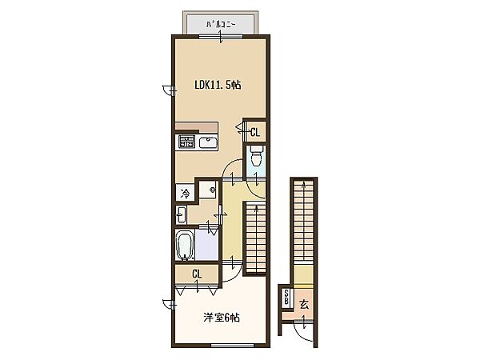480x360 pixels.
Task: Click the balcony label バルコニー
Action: [x=221, y=24]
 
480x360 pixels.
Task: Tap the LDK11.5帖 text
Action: [x=218, y=85]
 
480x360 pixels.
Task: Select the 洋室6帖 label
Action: [x=222, y=318]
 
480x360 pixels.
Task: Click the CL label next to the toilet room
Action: [x=255, y=132]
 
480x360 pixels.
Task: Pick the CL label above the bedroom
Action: [x=197, y=274]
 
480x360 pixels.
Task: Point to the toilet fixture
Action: [x=256, y=155]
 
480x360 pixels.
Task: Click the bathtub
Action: [x=186, y=246]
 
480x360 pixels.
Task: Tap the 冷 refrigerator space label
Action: [x=185, y=193]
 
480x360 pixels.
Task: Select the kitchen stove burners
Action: [x=186, y=142]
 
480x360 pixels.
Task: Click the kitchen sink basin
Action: [x=208, y=142]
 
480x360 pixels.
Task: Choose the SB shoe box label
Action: [x=286, y=298]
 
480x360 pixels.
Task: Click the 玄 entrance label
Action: [x=304, y=305]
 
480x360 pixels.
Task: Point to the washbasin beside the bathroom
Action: [x=181, y=214]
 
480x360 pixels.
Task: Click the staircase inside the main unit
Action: [x=256, y=238]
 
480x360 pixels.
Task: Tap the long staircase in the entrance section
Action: [x=303, y=221]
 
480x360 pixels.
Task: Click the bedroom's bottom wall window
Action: [x=233, y=346]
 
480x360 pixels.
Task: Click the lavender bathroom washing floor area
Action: [x=206, y=246]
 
